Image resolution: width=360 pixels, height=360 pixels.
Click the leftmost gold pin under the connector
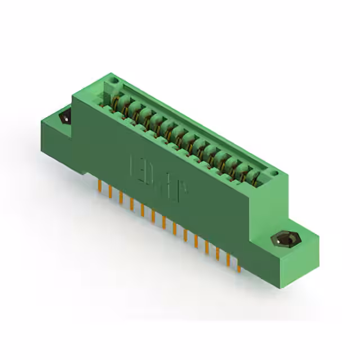click(x=100, y=186)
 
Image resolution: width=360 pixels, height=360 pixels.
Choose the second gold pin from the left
click(x=110, y=192)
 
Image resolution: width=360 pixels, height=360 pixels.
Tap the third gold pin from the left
click(x=120, y=197)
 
